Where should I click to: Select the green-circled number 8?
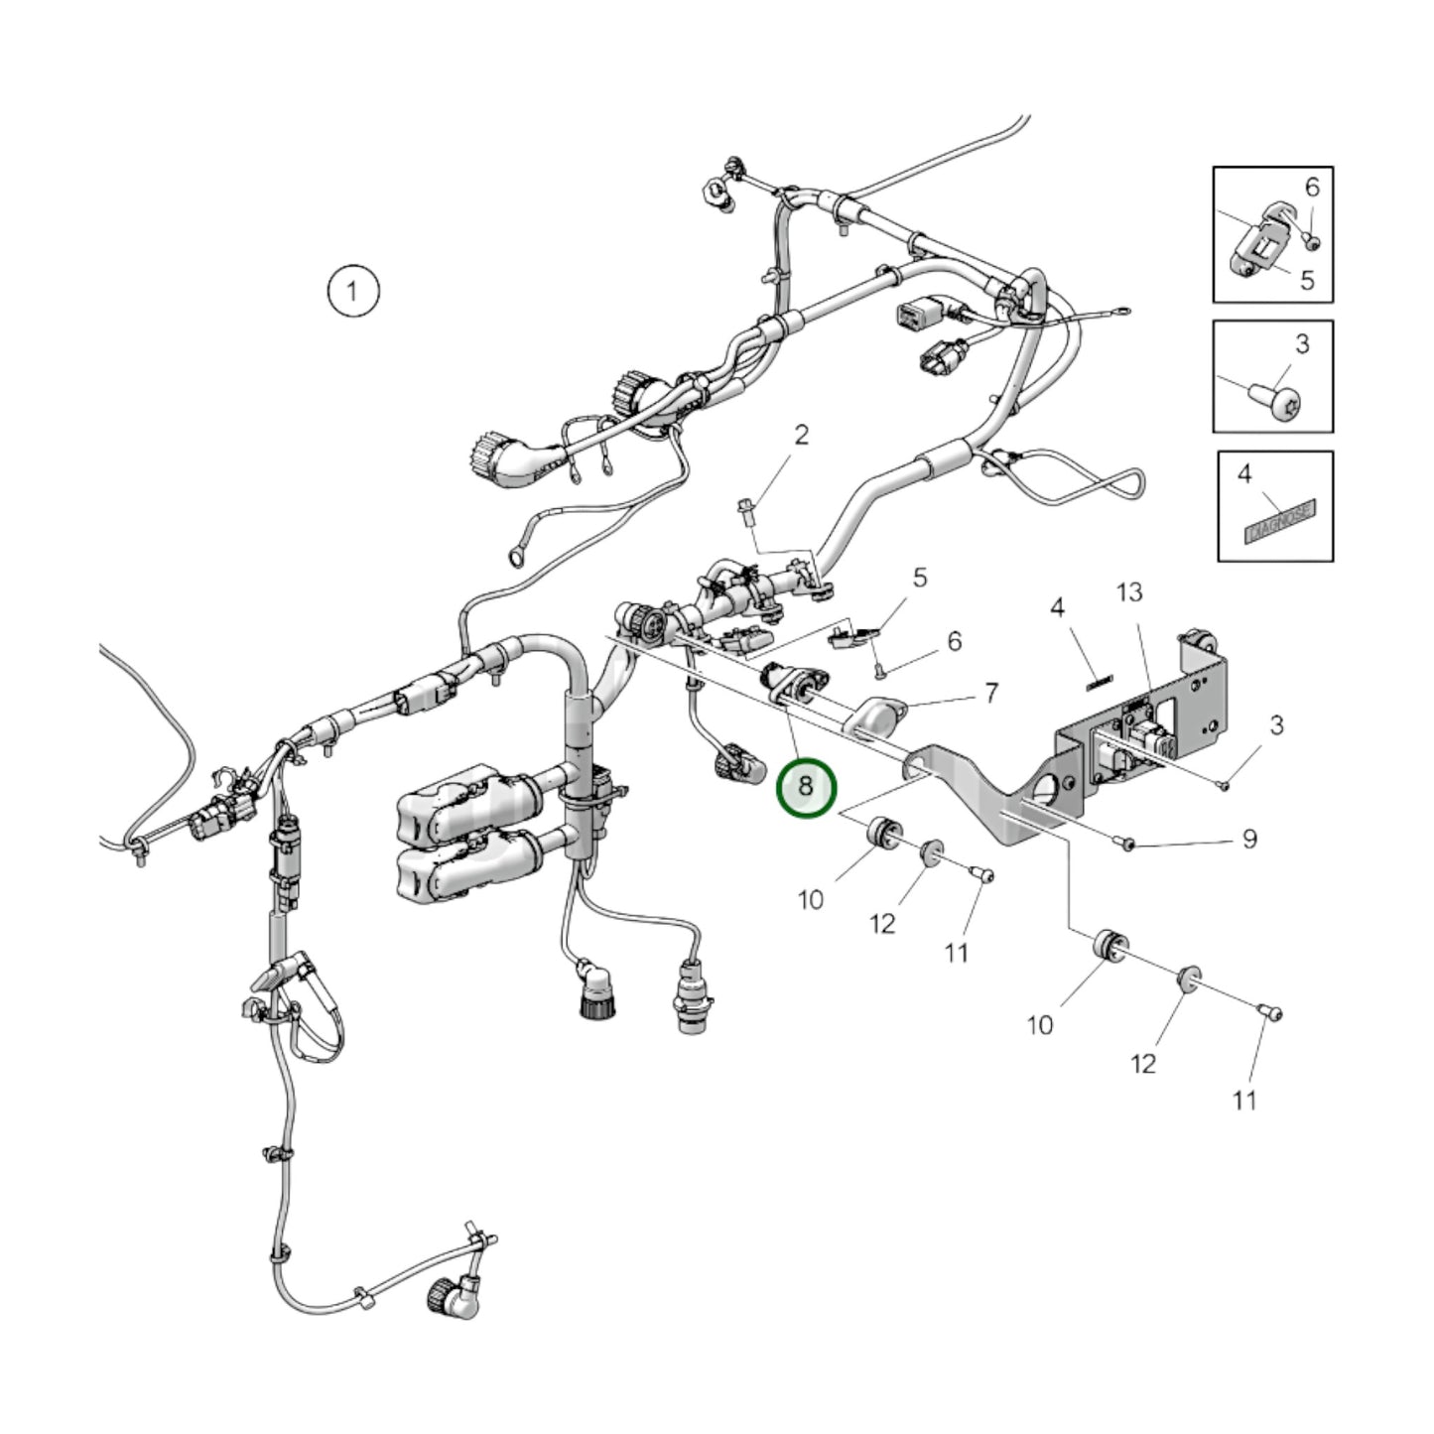pyautogui.click(x=806, y=786)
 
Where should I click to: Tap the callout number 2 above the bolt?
pyautogui.click(x=801, y=435)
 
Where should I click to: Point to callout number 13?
pyautogui.click(x=1128, y=592)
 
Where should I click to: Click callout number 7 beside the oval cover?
pyautogui.click(x=991, y=693)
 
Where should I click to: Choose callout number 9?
pyautogui.click(x=1249, y=840)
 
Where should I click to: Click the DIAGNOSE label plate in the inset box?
pyautogui.click(x=1280, y=520)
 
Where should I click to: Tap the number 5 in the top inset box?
pyautogui.click(x=1307, y=280)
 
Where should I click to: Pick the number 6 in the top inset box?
pyautogui.click(x=1312, y=187)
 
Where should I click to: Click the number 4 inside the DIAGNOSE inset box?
pyautogui.click(x=1244, y=474)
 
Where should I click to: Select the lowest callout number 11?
pyautogui.click(x=1244, y=1100)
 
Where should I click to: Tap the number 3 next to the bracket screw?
pyautogui.click(x=1277, y=726)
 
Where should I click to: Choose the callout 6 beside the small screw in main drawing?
pyautogui.click(x=954, y=641)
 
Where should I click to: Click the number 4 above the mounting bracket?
pyautogui.click(x=1058, y=606)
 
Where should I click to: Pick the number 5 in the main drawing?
pyautogui.click(x=920, y=577)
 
